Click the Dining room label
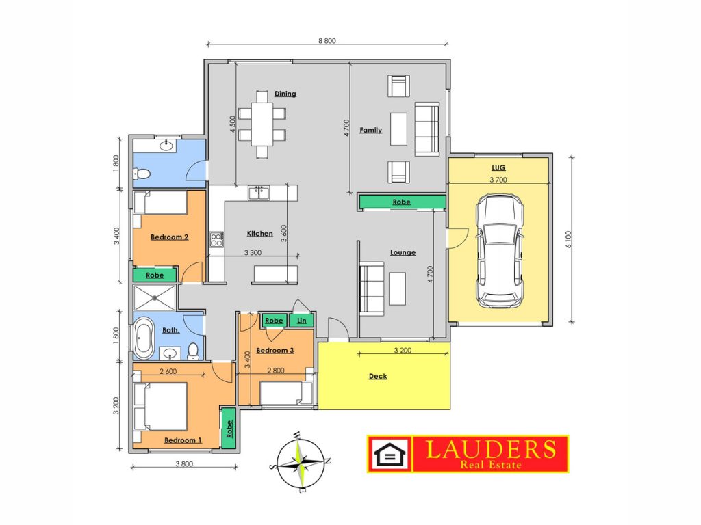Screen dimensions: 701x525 (x=285, y=94)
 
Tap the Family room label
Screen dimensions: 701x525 (x=370, y=130)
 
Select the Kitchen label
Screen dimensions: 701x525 (x=259, y=234)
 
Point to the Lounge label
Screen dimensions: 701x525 (x=403, y=252)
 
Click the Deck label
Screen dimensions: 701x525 (x=378, y=376)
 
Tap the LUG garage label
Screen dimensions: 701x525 (x=498, y=167)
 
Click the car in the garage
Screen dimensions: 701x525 (x=499, y=251)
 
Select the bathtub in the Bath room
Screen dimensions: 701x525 (x=144, y=338)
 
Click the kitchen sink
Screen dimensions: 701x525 (x=259, y=193)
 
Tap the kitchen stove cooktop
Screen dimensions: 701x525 (x=216, y=239)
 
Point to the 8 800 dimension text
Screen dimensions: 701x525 (x=327, y=40)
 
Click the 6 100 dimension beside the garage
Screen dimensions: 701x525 (x=569, y=240)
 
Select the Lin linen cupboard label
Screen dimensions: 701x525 (x=302, y=321)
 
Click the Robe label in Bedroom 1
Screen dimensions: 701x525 (x=229, y=429)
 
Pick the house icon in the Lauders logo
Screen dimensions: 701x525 (x=390, y=455)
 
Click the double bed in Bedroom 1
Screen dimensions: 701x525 (x=160, y=406)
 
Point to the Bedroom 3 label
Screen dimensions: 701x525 (x=275, y=351)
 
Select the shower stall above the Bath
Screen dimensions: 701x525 (x=155, y=298)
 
